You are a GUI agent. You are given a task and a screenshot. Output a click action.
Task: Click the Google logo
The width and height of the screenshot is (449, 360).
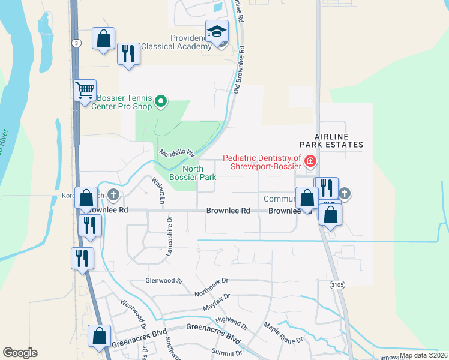click(20, 353)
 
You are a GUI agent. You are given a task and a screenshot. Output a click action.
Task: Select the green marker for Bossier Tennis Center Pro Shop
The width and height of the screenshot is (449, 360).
click(160, 102)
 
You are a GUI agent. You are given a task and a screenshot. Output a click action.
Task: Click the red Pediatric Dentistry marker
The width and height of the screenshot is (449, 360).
click(310, 160)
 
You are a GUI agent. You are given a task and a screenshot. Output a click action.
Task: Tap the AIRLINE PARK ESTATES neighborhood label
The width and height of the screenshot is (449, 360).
click(333, 140)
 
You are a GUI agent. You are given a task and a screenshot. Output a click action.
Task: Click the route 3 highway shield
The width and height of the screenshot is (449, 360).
click(76, 43)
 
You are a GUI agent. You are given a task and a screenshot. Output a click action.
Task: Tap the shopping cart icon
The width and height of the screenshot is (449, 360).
click(85, 91)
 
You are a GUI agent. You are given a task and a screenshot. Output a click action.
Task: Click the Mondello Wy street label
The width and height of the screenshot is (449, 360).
click(177, 154)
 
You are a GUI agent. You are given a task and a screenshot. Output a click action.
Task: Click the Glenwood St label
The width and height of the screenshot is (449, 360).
click(163, 280)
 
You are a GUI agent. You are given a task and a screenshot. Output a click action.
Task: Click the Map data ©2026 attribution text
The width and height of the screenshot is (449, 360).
click(423, 355)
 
